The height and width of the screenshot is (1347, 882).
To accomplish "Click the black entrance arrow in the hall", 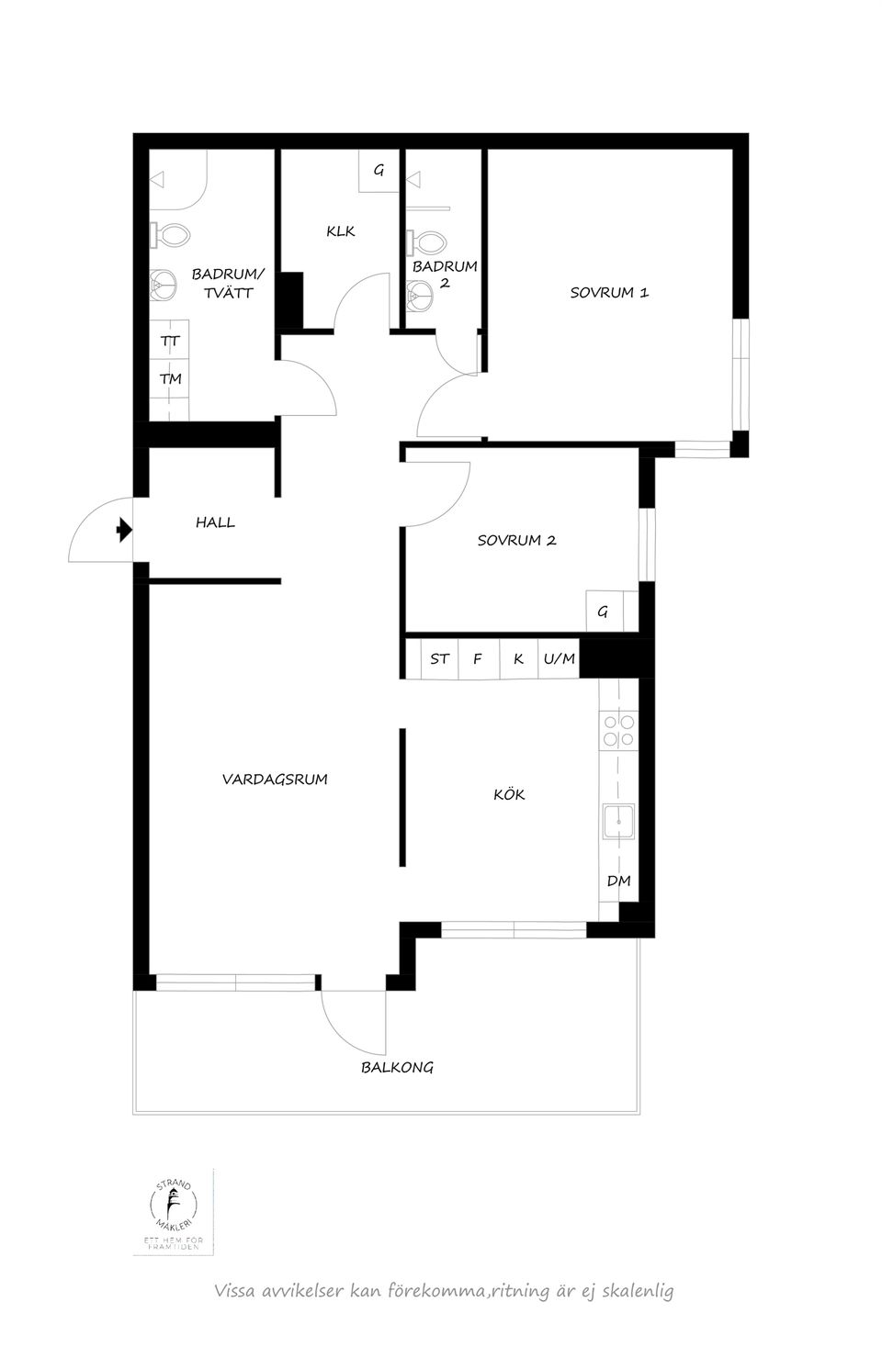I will point(123,530).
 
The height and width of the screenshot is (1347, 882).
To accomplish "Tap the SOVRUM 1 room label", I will point(609,293).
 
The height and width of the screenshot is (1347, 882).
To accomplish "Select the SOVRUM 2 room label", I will point(516,541).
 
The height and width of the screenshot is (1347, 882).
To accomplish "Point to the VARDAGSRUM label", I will point(275,780).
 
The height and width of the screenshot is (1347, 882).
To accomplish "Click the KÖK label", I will point(509,794).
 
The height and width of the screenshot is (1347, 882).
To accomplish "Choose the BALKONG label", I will point(397,1068).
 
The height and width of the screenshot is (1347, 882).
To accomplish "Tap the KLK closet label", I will point(340,231).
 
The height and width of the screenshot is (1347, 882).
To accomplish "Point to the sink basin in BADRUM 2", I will point(421,295).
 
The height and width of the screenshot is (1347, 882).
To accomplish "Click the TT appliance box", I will point(170,340).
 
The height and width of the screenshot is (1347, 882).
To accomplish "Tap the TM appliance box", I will point(170,378).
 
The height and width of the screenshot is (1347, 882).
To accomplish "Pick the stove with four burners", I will point(617,731).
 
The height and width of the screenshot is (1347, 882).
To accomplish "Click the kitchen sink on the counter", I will point(617,821).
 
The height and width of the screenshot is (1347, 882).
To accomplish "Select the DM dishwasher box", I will point(618,881).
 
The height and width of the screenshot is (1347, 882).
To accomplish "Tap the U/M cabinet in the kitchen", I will point(559,658).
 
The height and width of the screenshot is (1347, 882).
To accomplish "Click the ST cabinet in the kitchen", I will point(439,658).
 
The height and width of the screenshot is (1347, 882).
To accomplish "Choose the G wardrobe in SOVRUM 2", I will point(604,611).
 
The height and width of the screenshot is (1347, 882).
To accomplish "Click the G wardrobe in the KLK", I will point(379,171).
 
